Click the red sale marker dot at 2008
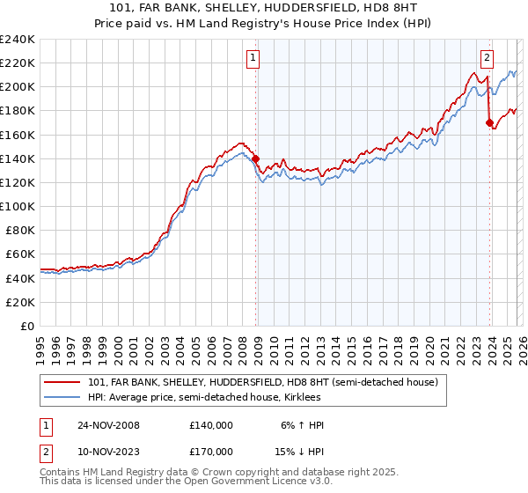[x=256, y=159]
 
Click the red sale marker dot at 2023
[x=489, y=123]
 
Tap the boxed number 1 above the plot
[x=253, y=59]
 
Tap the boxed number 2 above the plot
[x=487, y=59]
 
